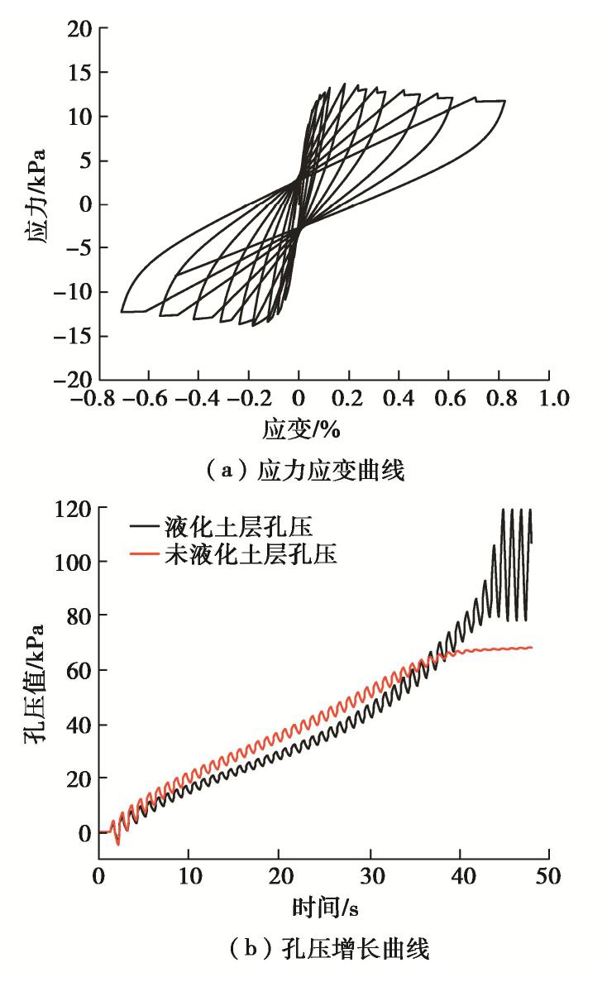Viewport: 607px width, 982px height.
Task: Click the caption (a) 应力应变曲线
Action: (303, 472)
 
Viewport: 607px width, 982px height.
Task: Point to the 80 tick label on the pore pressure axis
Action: (78, 616)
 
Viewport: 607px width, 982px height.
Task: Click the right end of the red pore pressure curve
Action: (531, 647)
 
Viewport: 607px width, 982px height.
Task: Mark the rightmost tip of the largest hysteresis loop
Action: (504, 102)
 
